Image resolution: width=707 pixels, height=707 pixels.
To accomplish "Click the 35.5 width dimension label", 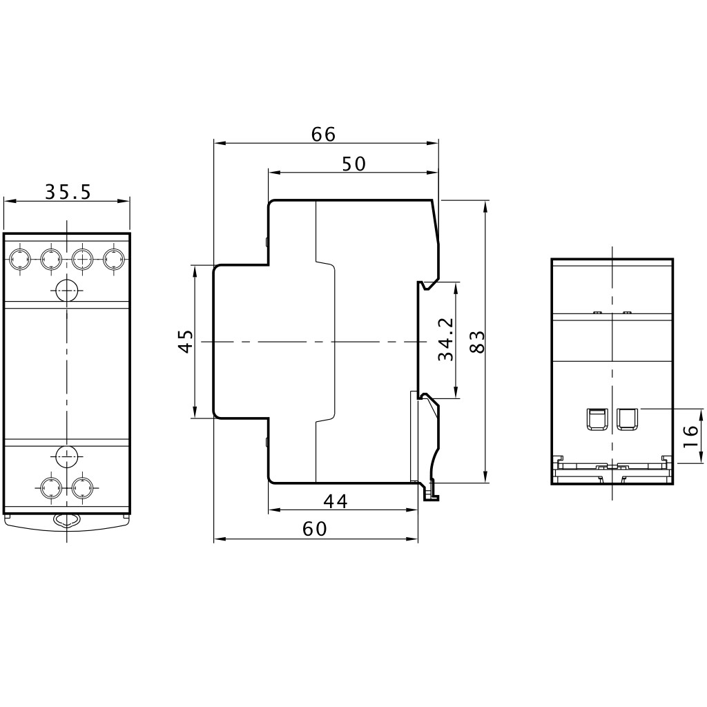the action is point(68,192).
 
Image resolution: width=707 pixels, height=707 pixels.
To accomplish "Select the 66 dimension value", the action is point(324,135).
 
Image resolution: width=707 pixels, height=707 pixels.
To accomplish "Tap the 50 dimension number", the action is point(353,164).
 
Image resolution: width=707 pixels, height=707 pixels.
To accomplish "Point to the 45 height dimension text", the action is point(185,341).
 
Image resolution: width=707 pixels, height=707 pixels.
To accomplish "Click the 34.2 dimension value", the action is point(446,340).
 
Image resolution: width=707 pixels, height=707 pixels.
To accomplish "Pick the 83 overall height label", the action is point(476,342).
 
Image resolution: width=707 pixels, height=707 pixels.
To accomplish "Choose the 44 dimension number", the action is point(336,501).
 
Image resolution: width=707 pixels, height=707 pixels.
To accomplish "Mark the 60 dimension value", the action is point(314,529).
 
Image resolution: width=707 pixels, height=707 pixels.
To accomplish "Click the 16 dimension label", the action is point(690,436).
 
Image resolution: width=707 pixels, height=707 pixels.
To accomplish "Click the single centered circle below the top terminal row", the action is point(67,290).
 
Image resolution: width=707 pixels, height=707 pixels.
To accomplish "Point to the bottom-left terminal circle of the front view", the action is point(51,487).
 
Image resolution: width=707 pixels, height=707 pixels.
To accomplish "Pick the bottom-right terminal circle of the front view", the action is point(83,487).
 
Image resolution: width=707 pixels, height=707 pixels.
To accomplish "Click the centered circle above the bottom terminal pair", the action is point(67,457).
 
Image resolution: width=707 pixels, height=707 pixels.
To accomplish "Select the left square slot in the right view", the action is point(596,419).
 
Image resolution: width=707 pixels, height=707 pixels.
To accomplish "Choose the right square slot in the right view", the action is point(627,419).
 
